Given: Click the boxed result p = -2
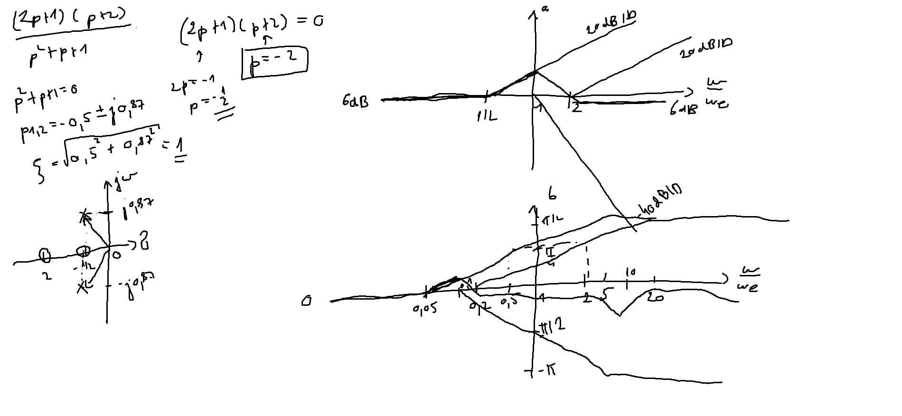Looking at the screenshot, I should click(274, 61).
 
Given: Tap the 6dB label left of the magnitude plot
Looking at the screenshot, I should click(355, 101).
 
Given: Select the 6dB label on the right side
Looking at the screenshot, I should click(684, 109).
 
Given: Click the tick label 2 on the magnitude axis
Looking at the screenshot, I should click(576, 108).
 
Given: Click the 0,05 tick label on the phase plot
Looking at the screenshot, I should click(424, 309).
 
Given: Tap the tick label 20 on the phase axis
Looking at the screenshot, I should click(655, 298).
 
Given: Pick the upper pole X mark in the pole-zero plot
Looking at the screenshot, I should click(85, 216).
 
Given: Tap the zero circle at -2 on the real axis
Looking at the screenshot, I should click(45, 255).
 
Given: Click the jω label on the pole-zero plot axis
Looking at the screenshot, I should click(124, 181).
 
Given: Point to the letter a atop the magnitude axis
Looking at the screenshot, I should click(545, 8).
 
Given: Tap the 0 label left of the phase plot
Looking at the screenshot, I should click(307, 301).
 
